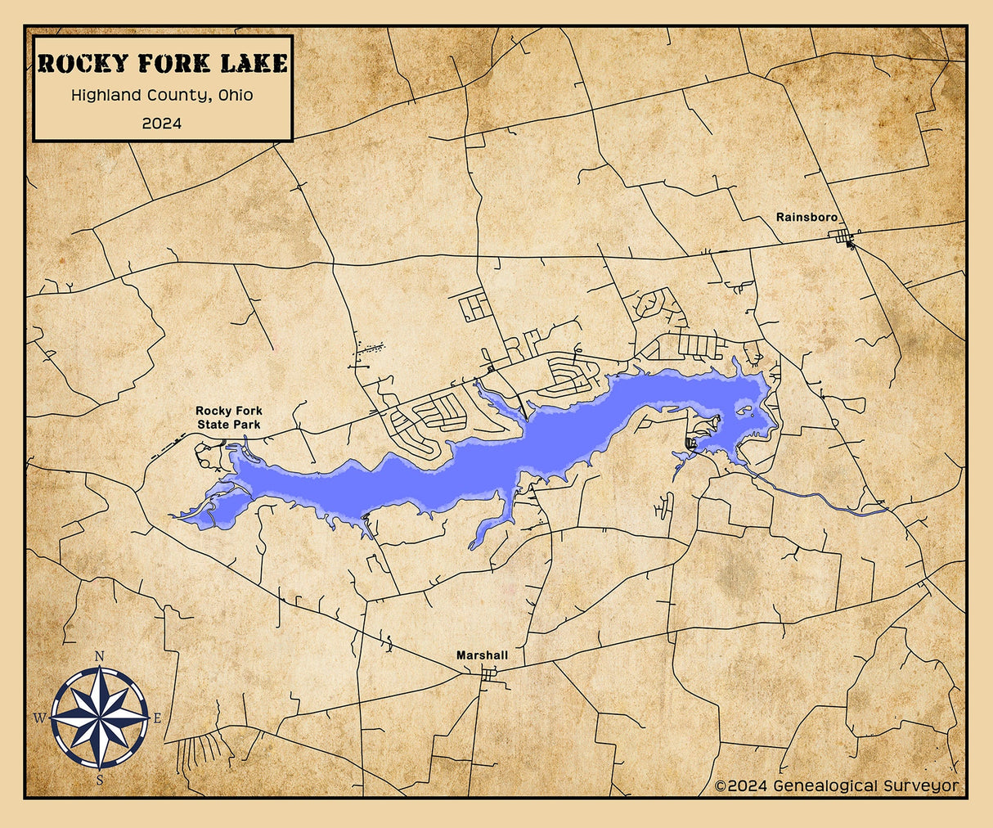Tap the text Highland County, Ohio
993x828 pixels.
coord(162,95)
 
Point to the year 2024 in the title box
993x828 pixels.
coord(162,124)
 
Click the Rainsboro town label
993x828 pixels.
coord(807,218)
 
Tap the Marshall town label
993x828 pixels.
coord(482,655)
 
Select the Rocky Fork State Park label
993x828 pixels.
coord(229,417)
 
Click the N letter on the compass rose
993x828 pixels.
coord(100,656)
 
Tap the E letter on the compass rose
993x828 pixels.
coord(157,718)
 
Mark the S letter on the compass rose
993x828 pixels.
coord(100,780)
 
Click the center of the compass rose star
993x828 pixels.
coord(100,718)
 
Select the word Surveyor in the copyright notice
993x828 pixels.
coord(921,785)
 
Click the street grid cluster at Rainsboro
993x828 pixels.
coord(842,238)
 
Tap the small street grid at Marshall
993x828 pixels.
coord(489,674)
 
